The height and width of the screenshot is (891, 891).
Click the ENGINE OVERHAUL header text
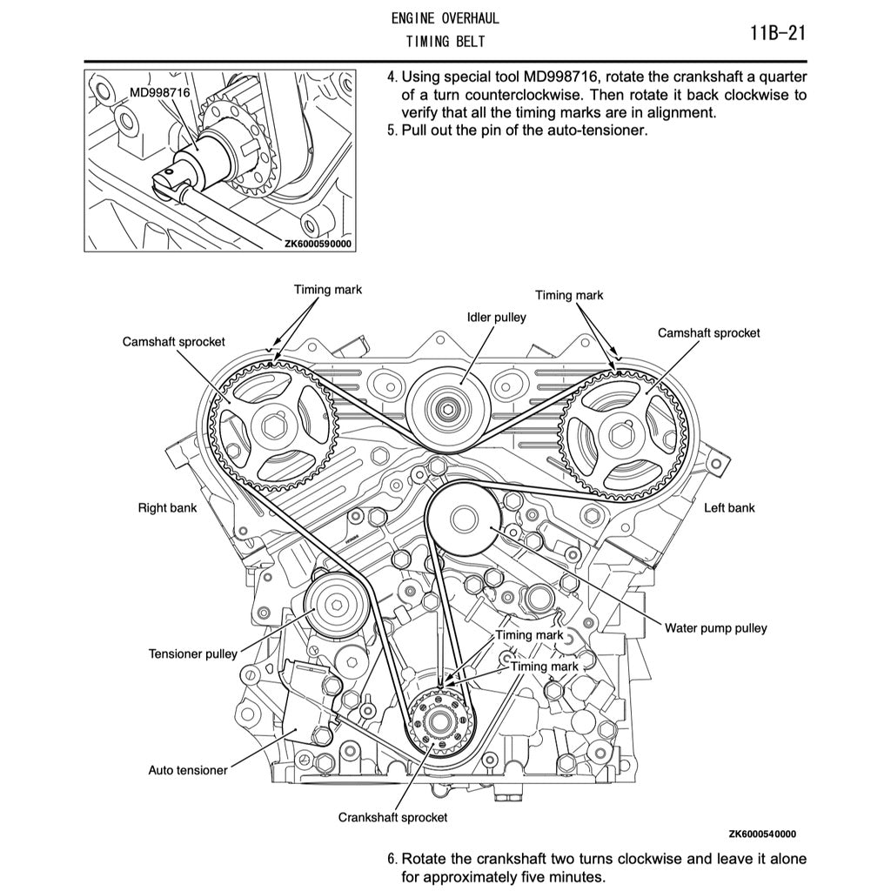(445, 17)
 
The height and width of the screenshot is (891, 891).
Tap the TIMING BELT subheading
(445, 42)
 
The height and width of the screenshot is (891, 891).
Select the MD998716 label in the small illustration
(160, 91)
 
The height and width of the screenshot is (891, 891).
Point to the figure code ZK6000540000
(762, 833)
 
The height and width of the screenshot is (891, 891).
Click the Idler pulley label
(496, 318)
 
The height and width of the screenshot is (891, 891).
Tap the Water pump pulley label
(715, 627)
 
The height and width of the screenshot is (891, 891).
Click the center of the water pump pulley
(464, 521)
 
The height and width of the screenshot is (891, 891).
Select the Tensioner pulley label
(192, 653)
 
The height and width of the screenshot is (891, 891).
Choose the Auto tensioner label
(188, 770)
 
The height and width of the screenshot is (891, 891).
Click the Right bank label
(167, 507)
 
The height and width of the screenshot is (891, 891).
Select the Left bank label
(729, 507)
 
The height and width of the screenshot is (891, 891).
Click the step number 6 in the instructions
(392, 859)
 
